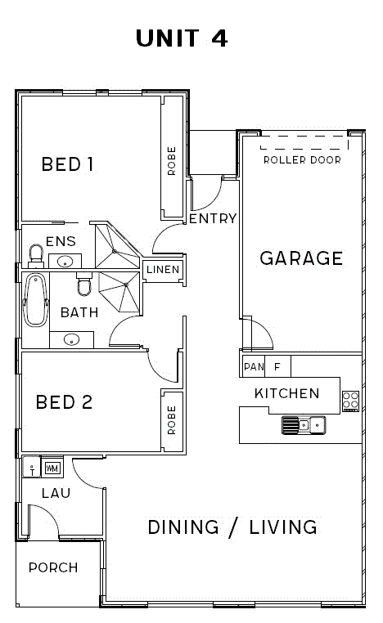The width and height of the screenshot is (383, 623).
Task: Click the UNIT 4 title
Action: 182,38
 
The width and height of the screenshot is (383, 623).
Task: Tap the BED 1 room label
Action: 68,164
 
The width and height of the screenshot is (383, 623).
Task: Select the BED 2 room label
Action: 64,402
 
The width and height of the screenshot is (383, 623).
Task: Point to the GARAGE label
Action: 301,258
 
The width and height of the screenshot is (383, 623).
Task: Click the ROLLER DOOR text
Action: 302,160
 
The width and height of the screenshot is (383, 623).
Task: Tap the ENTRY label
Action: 213,218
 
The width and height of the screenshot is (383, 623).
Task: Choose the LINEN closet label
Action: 163,269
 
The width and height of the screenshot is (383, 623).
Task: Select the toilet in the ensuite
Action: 36,255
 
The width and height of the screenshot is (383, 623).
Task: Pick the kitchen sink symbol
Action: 304,425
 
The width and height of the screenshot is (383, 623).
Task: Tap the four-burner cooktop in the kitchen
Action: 351,401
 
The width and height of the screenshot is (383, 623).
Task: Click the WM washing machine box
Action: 52,468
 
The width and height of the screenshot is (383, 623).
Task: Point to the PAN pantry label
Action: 254,366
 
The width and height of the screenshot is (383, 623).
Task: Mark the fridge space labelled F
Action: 277,366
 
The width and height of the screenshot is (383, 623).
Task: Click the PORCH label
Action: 53,567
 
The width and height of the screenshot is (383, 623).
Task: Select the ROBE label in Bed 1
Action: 171,161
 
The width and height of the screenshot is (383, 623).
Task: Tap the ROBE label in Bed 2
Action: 171,420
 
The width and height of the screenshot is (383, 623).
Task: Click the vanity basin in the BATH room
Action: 71,340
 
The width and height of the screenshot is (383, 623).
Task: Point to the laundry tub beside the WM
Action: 31,467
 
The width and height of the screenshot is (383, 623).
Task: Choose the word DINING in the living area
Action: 183,527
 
